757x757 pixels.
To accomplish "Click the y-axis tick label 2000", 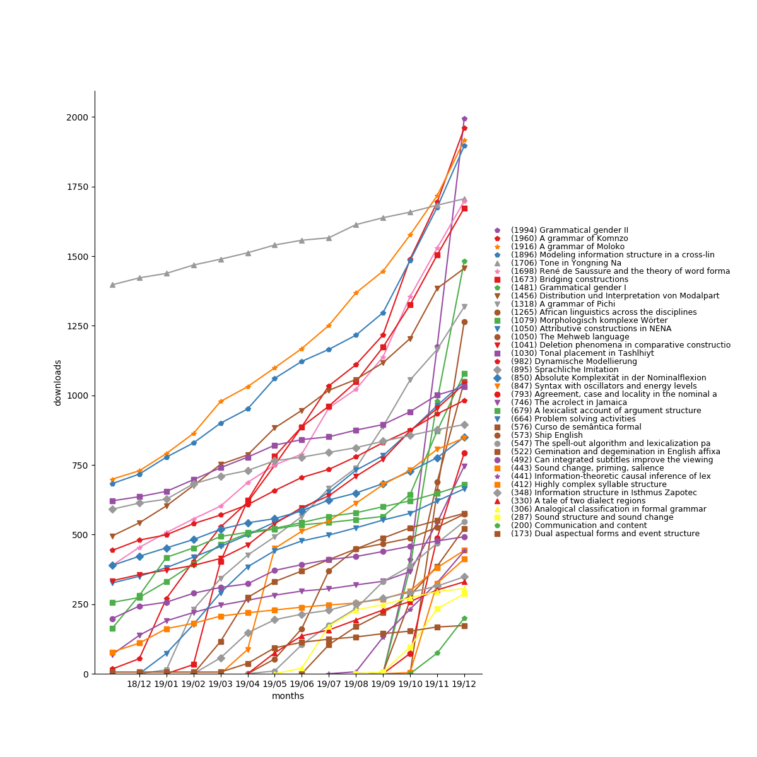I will click(78, 117).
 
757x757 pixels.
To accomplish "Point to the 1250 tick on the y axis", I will click(78, 326).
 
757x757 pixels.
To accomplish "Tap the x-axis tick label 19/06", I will click(302, 684).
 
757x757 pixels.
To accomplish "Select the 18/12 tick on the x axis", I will click(139, 684).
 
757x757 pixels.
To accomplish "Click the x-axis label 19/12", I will click(464, 684).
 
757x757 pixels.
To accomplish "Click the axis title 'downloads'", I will click(58, 382).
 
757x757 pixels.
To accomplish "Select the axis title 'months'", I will click(288, 696).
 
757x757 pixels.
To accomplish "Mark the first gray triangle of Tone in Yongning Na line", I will click(112, 285).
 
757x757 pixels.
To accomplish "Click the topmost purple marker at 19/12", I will click(464, 119).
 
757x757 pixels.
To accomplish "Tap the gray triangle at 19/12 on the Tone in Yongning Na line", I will click(464, 199).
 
